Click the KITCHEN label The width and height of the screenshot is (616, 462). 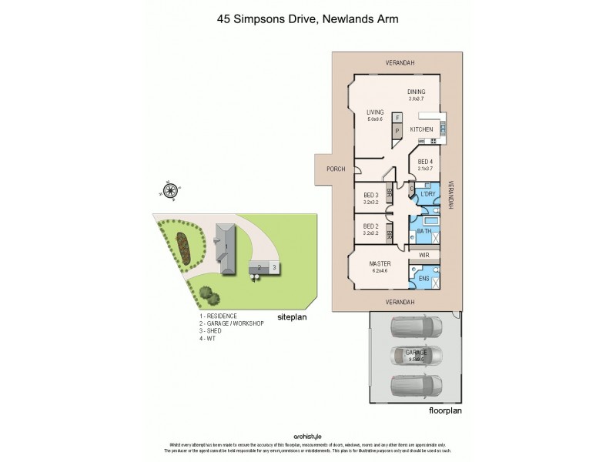pyautogui.click(x=420, y=129)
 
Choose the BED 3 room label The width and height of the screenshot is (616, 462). pyautogui.click(x=370, y=196)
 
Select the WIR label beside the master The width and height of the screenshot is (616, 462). pyautogui.click(x=423, y=253)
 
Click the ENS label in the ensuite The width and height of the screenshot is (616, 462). pyautogui.click(x=423, y=279)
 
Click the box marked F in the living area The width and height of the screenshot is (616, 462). pyautogui.click(x=397, y=119)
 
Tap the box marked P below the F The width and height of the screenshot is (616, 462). pyautogui.click(x=397, y=132)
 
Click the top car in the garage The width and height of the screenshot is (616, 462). pyautogui.click(x=417, y=329)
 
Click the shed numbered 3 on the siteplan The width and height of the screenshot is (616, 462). pyautogui.click(x=273, y=267)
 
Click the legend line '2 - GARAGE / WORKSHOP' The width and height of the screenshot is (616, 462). pyautogui.click(x=231, y=323)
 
